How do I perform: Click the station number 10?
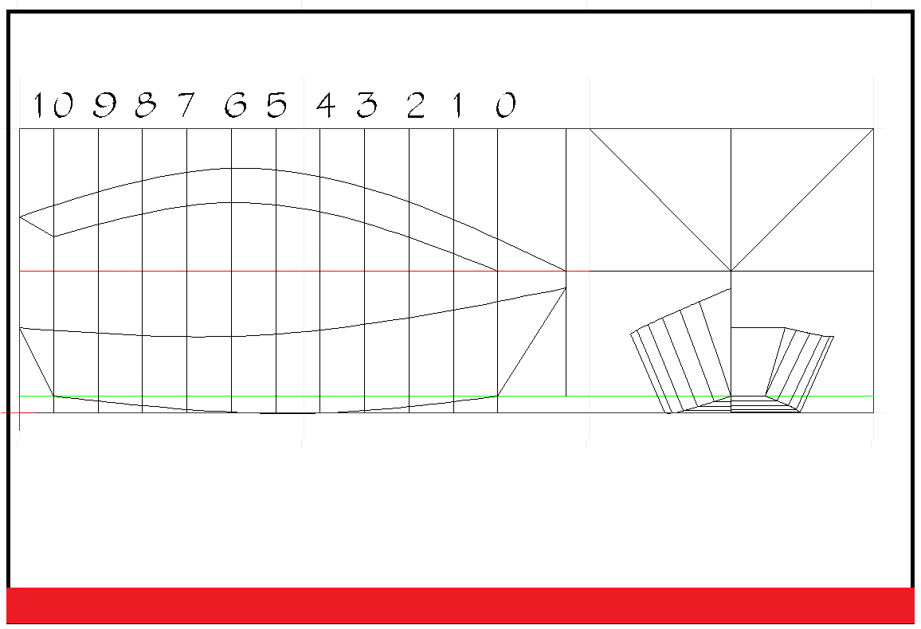pos(49,105)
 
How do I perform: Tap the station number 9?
pos(104,105)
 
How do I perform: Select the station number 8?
pos(144,105)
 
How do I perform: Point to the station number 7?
pos(186,105)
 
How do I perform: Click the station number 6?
pos(235,105)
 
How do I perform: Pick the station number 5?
pos(276,105)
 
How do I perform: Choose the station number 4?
pos(325,105)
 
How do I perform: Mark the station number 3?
pos(366,105)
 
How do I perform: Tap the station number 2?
pos(416,105)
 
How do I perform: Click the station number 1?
pos(458,105)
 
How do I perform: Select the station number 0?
pos(506,105)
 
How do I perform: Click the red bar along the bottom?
pos(461,605)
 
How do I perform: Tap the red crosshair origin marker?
pos(19,412)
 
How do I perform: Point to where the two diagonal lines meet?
pos(731,271)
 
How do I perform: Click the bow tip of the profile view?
pos(566,288)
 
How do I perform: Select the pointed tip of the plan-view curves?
pos(566,271)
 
